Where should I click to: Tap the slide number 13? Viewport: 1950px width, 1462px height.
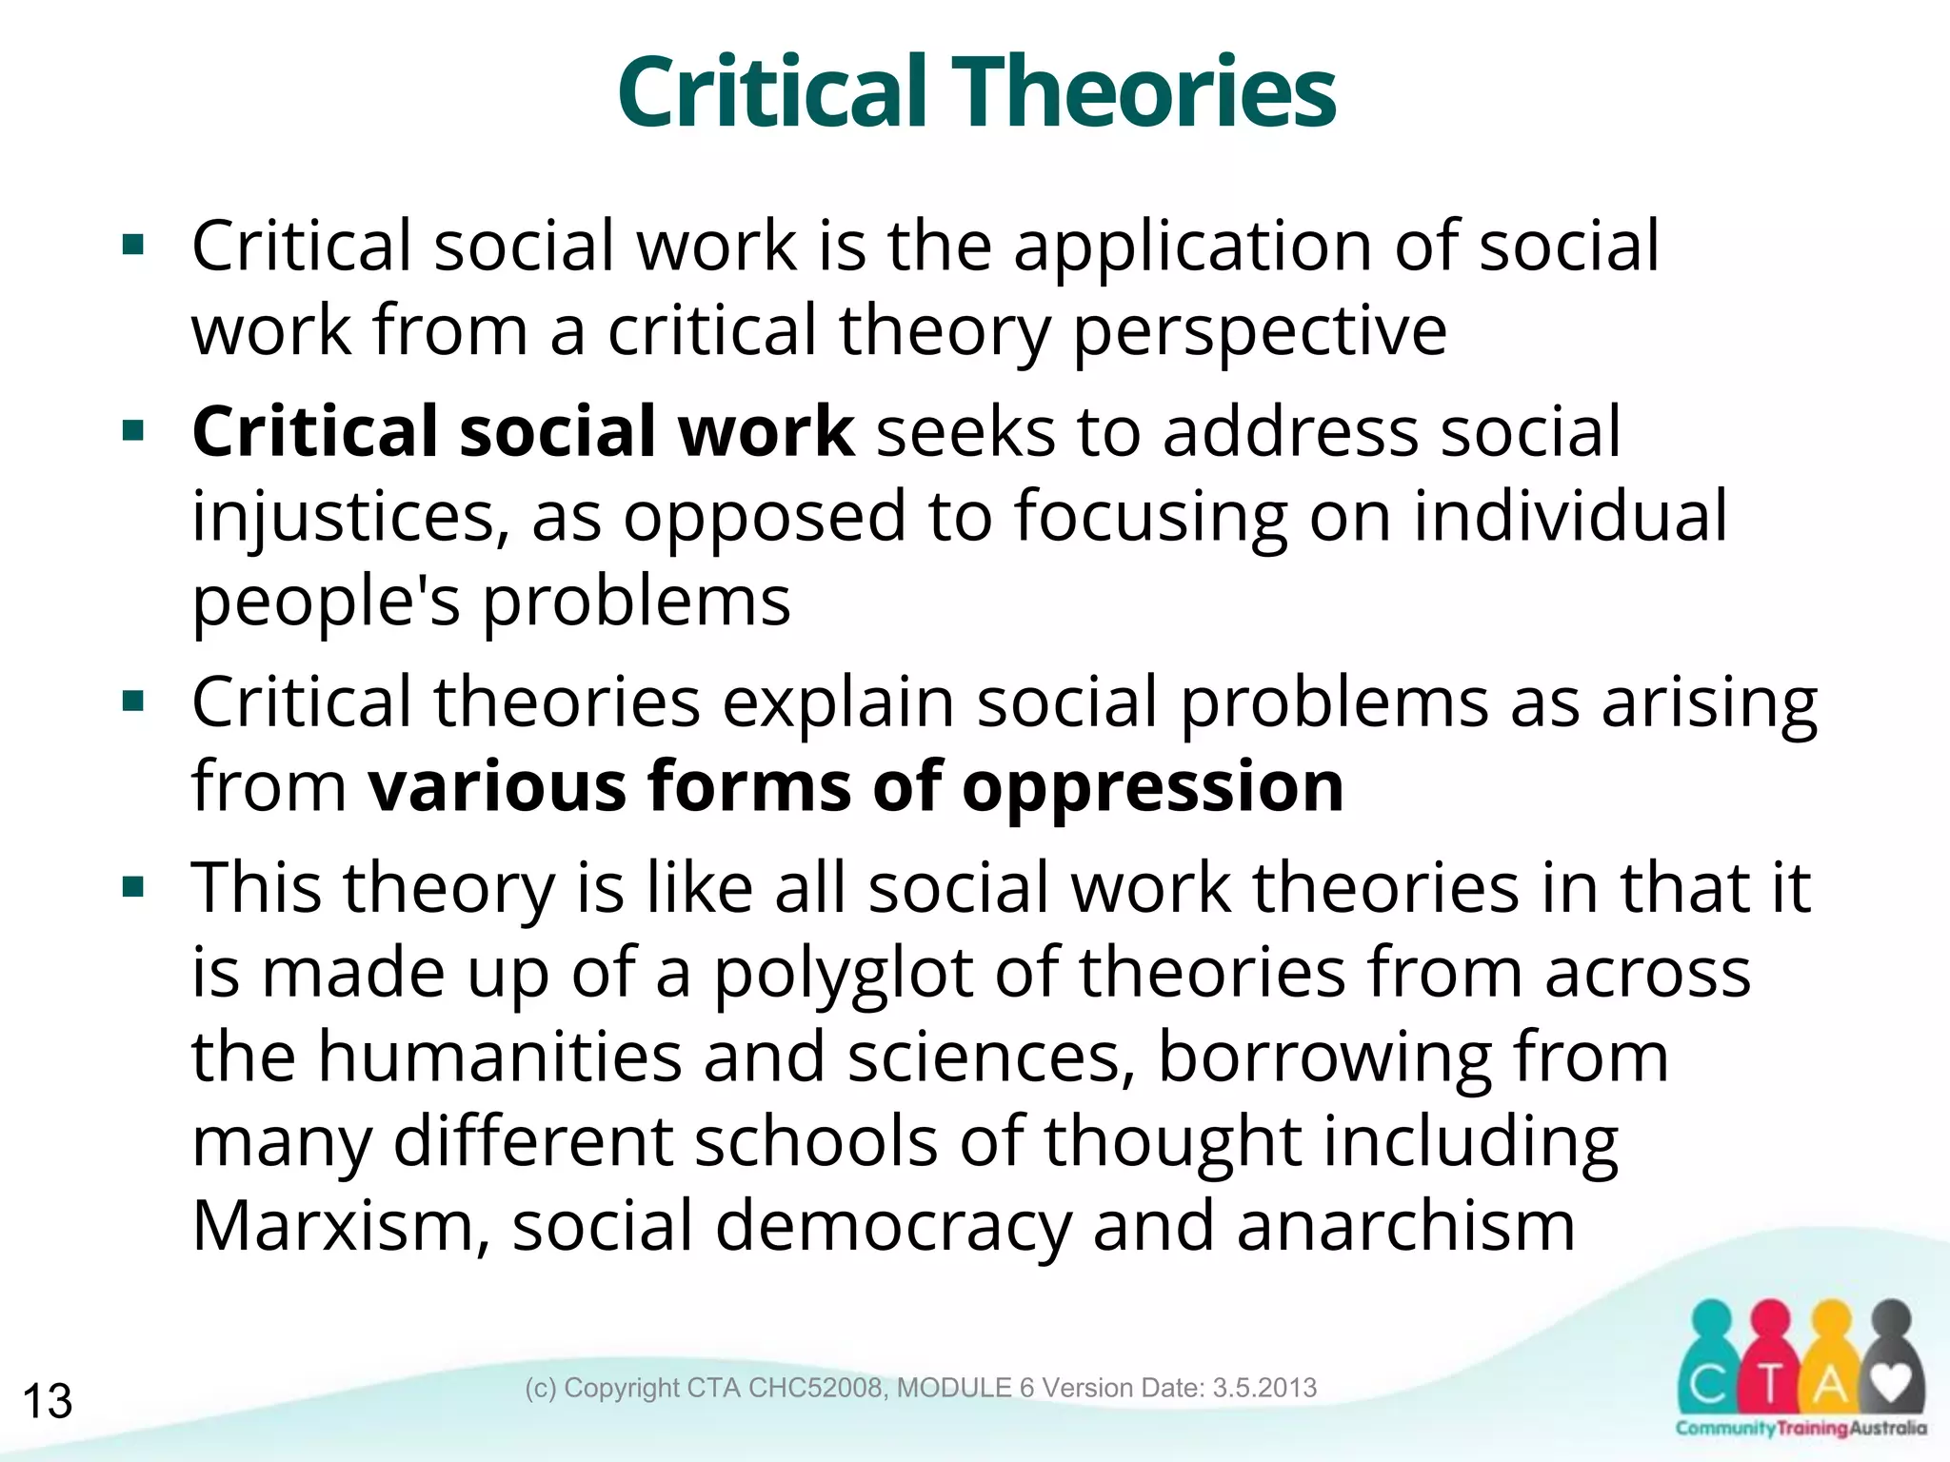pyautogui.click(x=47, y=1401)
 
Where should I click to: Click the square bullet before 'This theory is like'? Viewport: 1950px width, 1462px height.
pyautogui.click(x=133, y=888)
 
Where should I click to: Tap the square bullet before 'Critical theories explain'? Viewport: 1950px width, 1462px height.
pyautogui.click(x=133, y=702)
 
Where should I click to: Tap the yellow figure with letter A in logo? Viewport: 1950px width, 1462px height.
pyautogui.click(x=1829, y=1371)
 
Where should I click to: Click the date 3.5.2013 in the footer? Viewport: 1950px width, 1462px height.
pyautogui.click(x=1264, y=1388)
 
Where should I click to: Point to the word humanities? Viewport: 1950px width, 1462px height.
pyautogui.click(x=499, y=1057)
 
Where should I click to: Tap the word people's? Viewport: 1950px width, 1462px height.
pyautogui.click(x=326, y=603)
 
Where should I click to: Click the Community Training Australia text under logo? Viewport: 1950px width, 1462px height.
pyautogui.click(x=1801, y=1429)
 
